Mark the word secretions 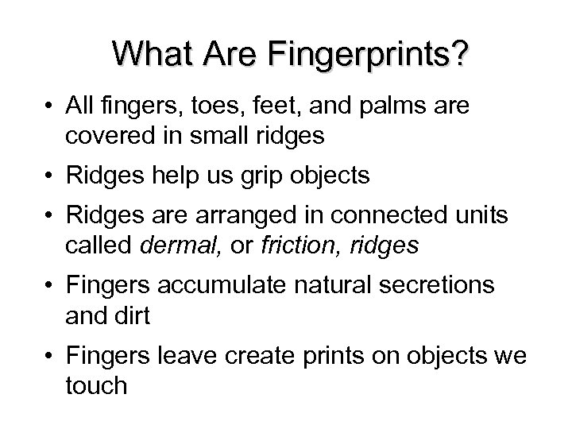click(435, 285)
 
